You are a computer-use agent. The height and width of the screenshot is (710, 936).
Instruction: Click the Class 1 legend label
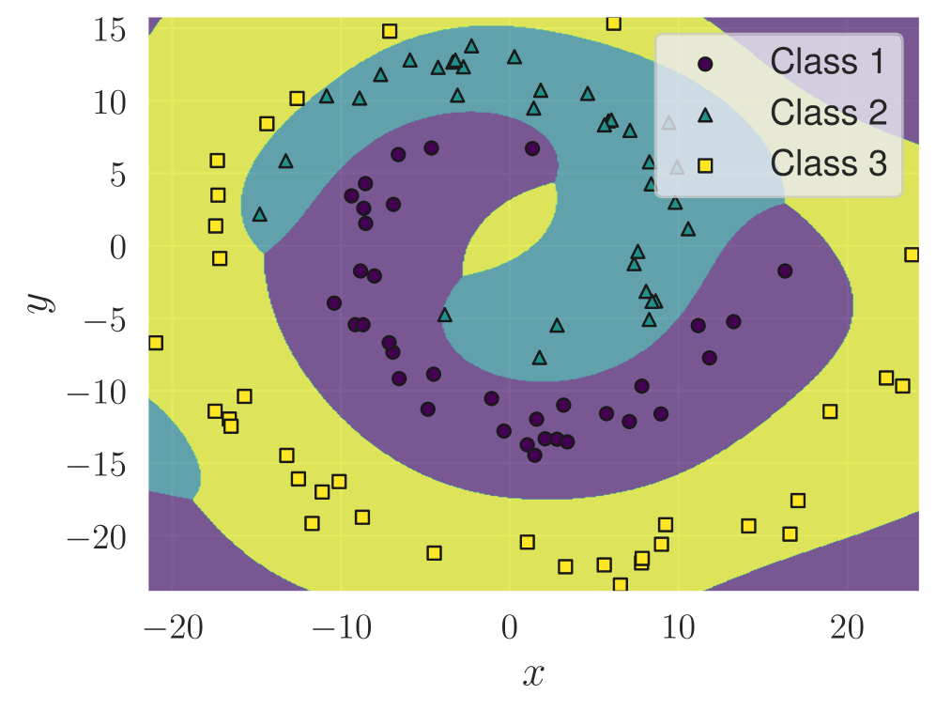click(827, 62)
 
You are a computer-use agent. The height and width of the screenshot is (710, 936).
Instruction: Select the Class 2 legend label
click(827, 113)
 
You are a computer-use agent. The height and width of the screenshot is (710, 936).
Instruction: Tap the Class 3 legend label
click(827, 163)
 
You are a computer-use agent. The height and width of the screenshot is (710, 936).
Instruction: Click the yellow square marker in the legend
click(705, 165)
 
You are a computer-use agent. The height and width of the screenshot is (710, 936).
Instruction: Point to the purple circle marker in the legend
click(705, 64)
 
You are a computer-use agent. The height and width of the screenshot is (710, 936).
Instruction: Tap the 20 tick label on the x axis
click(847, 627)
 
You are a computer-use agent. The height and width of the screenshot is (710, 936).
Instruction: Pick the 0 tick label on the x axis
click(510, 627)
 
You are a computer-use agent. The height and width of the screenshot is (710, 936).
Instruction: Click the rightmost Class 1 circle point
click(785, 270)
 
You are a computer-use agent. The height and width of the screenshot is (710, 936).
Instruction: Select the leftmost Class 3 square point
click(156, 343)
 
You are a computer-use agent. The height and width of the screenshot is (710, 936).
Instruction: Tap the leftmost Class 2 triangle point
click(260, 214)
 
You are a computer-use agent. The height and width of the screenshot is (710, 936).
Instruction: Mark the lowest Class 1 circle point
click(534, 455)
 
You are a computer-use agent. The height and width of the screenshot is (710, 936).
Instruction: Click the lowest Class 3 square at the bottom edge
click(620, 585)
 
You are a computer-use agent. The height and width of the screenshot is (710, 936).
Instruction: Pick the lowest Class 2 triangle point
click(539, 358)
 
